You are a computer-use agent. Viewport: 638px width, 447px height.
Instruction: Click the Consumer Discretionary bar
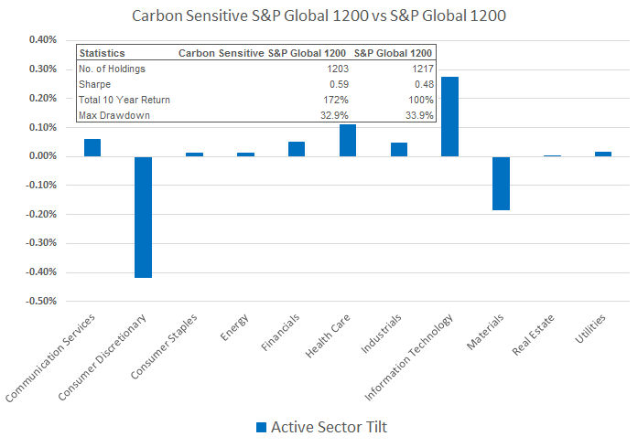coord(143,217)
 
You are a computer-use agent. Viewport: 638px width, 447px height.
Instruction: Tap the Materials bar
coord(501,183)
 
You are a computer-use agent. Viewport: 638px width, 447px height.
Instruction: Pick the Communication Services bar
coord(92,147)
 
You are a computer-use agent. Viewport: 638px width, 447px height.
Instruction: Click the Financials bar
coord(296,149)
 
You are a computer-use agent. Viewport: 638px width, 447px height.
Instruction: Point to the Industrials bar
coord(398,149)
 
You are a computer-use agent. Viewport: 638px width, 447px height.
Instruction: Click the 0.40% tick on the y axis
coord(44,40)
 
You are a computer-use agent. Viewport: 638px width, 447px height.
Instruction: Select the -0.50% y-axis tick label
coord(42,301)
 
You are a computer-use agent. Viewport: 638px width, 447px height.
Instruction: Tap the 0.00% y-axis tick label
coord(44,156)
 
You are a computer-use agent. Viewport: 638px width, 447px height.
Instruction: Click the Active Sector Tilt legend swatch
coord(261,427)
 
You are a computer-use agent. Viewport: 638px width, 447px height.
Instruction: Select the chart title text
coord(319,16)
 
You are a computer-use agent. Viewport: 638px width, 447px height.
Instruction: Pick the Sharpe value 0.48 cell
coord(421,84)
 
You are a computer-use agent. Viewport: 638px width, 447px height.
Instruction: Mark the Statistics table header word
coord(103,53)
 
